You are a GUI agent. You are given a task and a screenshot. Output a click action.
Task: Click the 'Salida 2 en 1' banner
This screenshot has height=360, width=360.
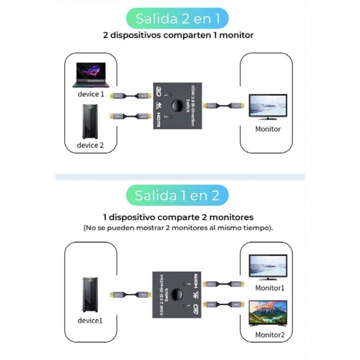177,19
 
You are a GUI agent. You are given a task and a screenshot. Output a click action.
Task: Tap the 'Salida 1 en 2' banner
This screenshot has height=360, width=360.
177,195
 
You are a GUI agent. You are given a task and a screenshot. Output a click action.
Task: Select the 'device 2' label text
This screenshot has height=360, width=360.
90,145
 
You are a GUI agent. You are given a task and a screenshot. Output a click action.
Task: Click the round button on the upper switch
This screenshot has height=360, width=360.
177,105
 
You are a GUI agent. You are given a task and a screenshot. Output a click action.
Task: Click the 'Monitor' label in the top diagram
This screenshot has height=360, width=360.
268,129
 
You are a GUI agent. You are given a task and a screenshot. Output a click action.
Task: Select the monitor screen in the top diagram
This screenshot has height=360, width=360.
268,106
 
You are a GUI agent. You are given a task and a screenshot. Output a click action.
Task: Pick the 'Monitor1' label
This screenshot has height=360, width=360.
270,288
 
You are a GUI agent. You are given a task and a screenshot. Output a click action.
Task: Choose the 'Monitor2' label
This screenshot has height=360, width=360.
270,335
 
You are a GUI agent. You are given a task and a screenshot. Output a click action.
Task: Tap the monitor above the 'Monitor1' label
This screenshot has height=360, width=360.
268,266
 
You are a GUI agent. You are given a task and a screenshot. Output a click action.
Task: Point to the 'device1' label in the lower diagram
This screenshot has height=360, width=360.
90,320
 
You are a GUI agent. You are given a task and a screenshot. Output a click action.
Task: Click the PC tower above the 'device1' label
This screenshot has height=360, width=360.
90,294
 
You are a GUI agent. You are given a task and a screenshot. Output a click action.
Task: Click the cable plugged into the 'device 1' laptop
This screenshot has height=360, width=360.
130,96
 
